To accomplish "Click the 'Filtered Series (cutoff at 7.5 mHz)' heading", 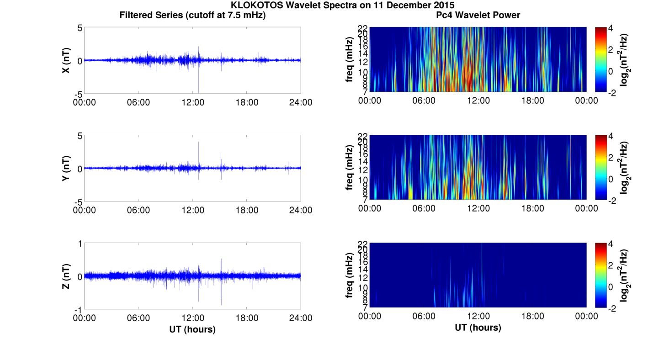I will tap(192, 15).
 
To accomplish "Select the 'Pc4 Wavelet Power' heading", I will tap(478, 15).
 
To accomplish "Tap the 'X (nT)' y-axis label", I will tap(66, 60).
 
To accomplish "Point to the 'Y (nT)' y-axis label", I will tap(66, 168).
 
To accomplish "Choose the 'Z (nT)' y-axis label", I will tap(66, 276).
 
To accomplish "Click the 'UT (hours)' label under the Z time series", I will tap(192, 329).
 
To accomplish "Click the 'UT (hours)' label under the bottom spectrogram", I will tap(478, 328).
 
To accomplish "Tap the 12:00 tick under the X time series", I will tap(193, 102).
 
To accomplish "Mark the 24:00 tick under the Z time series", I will tap(301, 318).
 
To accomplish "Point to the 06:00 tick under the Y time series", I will tap(138, 210).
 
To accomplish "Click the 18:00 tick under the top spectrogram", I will tap(532, 101).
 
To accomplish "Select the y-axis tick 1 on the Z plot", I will tap(80, 244).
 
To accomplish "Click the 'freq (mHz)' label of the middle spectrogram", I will tap(350, 168).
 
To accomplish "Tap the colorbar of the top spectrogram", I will tap(600, 59).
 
